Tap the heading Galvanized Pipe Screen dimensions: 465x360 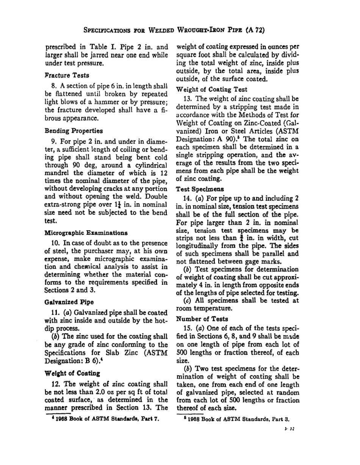click(x=69, y=303)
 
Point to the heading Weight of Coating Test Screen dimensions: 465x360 click(x=211, y=89)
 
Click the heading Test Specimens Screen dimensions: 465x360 click(x=200, y=189)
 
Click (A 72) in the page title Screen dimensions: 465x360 click(x=255, y=30)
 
